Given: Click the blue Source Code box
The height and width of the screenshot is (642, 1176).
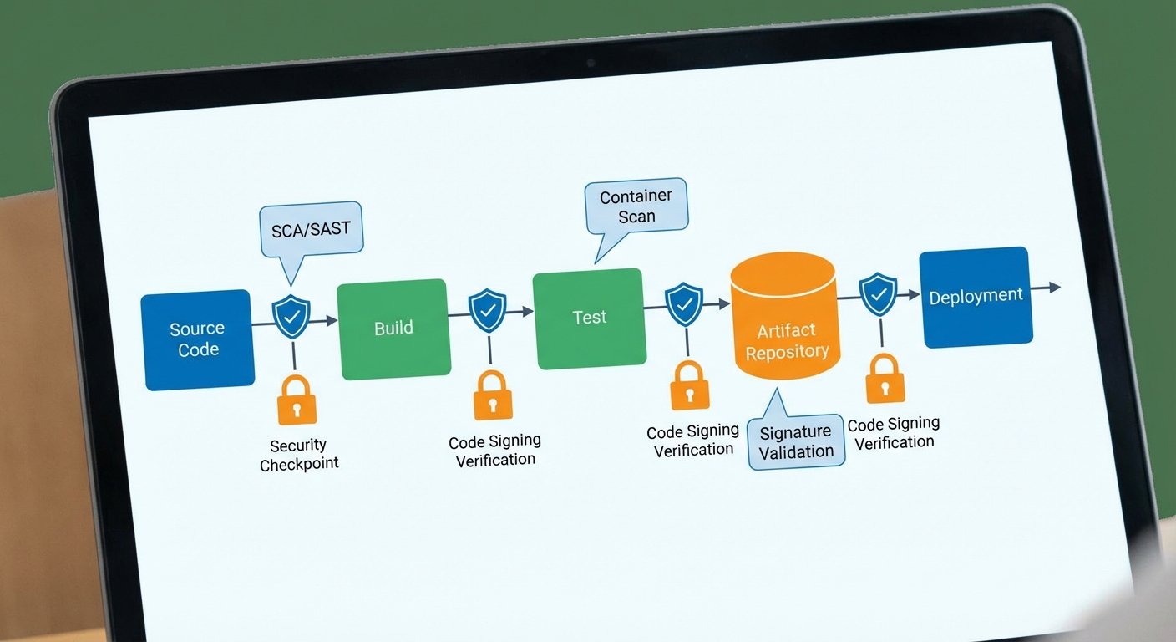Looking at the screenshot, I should [198, 339].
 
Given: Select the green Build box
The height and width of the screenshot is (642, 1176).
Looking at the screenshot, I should [393, 329].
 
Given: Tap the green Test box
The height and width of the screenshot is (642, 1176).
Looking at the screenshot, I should [590, 318].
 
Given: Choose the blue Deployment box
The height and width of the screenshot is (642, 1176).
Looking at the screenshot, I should [976, 297].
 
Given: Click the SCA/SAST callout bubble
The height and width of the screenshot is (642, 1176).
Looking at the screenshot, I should [311, 230].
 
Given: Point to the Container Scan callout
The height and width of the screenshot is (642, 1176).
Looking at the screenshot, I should [636, 206].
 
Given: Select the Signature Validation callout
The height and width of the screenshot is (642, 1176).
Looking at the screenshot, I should [796, 441].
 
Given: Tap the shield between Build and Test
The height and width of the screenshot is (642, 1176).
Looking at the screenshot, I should [488, 310].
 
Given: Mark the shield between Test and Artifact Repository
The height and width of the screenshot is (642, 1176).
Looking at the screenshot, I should [684, 303].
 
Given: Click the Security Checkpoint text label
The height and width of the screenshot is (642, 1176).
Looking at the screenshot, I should [299, 455].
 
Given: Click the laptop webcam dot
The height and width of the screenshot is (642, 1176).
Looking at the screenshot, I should [591, 63].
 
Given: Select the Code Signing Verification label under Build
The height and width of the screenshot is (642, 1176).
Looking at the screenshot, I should [495, 451].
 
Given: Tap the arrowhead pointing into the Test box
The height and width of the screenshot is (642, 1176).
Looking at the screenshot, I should [528, 311].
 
